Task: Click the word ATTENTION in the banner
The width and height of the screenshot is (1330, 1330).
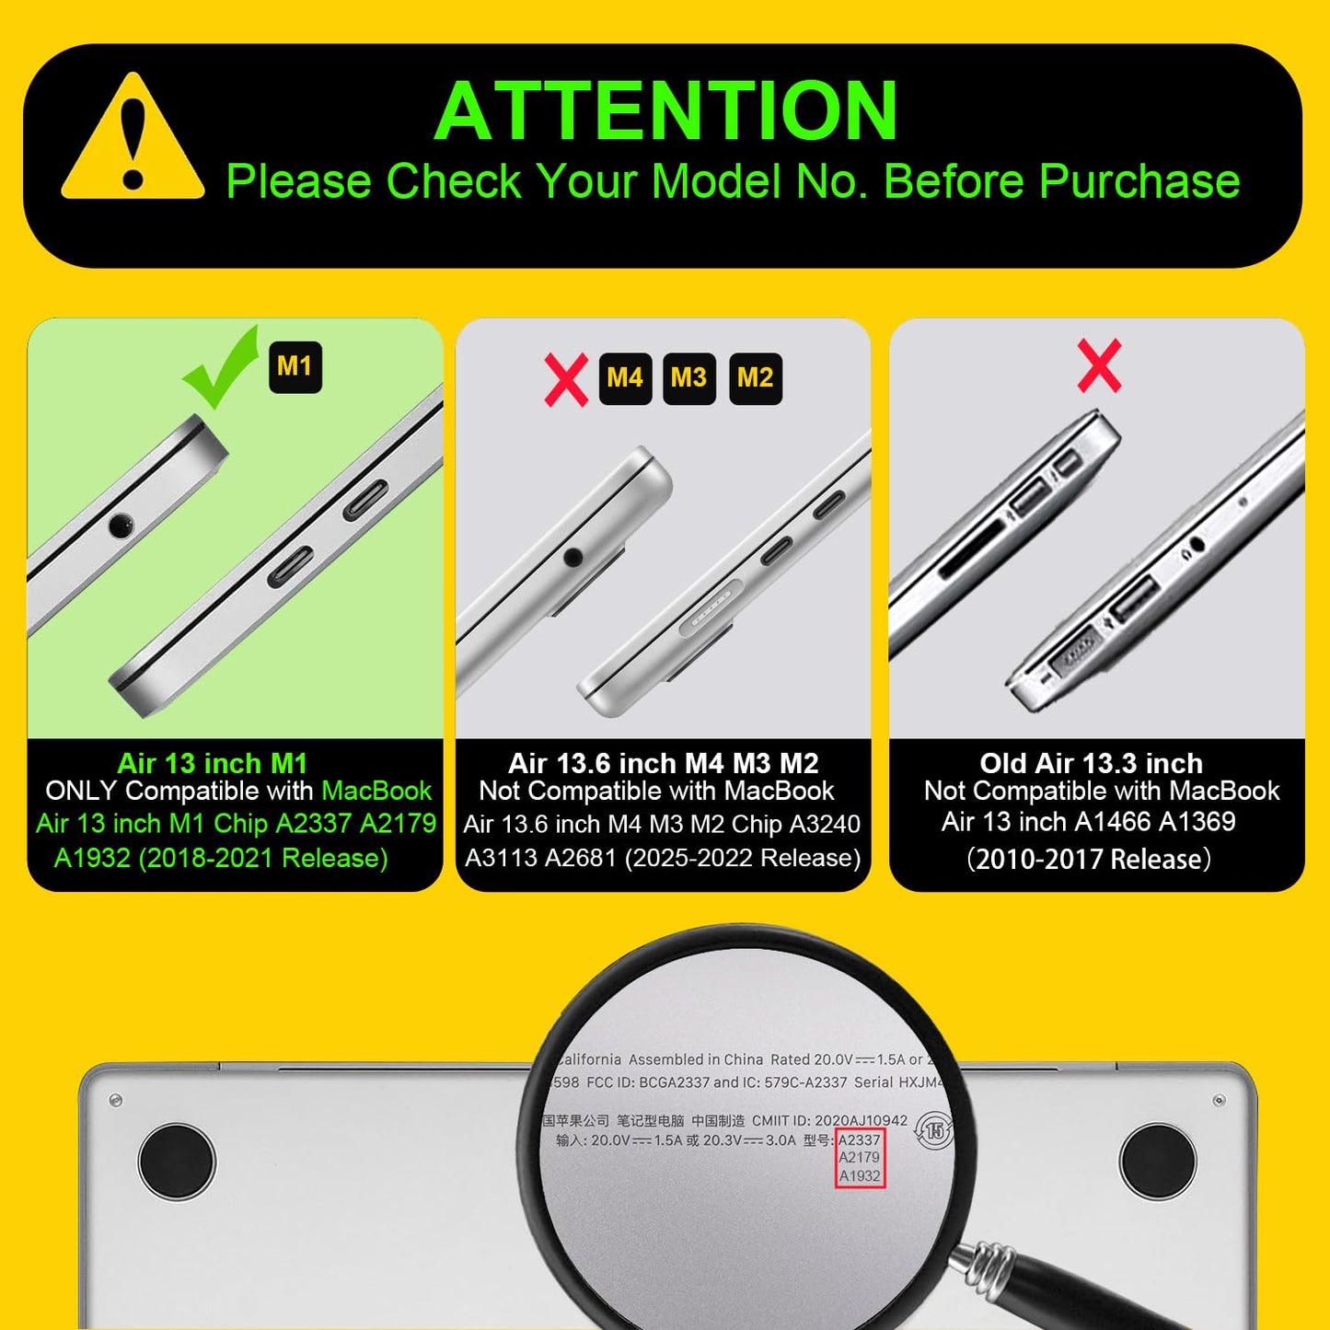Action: (x=665, y=110)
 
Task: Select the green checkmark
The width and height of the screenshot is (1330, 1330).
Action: (x=219, y=367)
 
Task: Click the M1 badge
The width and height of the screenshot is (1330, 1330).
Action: (x=295, y=367)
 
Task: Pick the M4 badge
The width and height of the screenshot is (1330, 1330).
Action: (x=625, y=378)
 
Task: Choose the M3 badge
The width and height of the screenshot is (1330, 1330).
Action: (x=688, y=378)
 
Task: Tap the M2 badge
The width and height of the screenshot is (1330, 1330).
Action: (x=755, y=378)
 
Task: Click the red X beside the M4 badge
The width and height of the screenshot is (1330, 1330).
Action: (x=566, y=379)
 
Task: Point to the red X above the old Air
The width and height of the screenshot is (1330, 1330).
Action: (x=1099, y=365)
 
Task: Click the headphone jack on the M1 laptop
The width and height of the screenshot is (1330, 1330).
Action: (x=121, y=526)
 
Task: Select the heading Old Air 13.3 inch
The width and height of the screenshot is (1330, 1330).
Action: (x=1092, y=763)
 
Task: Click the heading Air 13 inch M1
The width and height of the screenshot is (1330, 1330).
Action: (x=213, y=763)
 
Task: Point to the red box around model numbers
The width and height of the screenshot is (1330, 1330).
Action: (x=860, y=1158)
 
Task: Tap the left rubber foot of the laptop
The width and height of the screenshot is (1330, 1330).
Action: (x=176, y=1161)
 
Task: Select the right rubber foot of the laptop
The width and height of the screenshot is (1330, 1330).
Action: (x=1158, y=1161)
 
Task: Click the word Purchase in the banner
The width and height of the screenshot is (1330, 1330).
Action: (x=1139, y=181)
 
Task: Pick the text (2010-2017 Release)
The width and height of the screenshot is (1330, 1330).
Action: (x=1089, y=860)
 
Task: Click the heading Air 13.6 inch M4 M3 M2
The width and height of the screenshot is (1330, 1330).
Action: (x=664, y=763)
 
